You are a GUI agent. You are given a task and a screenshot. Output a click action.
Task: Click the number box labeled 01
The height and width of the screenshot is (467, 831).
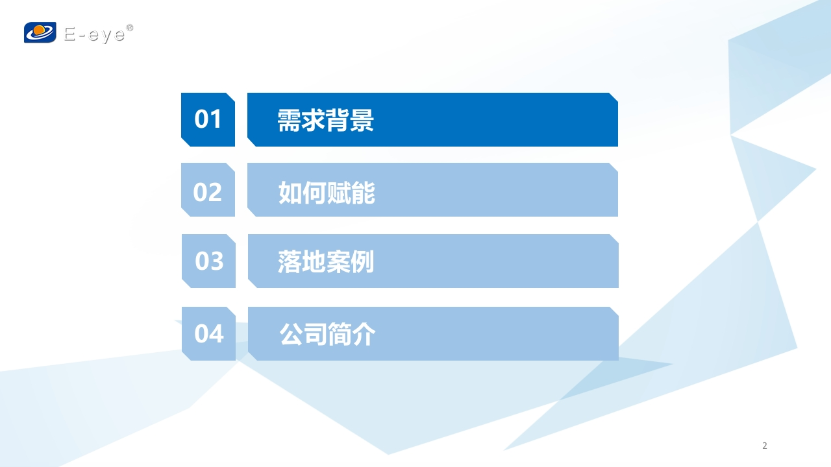208,119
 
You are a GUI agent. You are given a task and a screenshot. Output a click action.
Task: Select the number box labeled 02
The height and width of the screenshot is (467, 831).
208,189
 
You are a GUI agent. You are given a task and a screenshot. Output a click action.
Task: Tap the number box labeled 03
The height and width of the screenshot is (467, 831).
208,261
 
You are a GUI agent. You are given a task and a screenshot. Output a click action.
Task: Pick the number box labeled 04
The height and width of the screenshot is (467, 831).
208,333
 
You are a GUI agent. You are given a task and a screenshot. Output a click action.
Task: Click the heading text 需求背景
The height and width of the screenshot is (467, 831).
325,121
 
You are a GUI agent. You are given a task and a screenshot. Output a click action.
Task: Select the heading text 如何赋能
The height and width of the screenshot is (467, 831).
327,193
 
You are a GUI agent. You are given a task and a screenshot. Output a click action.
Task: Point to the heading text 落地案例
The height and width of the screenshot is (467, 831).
326,261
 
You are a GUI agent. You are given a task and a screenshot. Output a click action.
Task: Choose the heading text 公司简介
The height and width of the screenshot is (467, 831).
327,334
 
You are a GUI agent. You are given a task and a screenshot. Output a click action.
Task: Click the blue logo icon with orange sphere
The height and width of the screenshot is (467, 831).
40,32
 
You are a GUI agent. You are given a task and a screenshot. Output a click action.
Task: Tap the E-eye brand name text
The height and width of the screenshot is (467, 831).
95,35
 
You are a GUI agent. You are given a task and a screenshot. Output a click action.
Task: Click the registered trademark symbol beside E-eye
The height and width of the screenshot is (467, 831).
129,27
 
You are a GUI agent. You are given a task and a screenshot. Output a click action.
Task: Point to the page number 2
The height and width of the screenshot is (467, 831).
765,446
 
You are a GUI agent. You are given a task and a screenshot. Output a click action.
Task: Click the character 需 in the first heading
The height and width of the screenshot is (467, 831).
289,121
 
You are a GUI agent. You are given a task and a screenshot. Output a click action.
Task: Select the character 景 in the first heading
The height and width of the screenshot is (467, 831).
362,121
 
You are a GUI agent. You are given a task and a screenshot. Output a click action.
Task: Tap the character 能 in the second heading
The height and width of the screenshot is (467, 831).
363,193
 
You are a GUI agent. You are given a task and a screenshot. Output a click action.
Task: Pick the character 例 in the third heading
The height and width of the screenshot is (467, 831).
362,261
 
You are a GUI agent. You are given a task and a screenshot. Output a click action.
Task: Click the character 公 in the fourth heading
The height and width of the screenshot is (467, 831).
291,334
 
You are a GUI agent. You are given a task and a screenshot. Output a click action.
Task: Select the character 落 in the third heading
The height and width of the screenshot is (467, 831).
290,261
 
